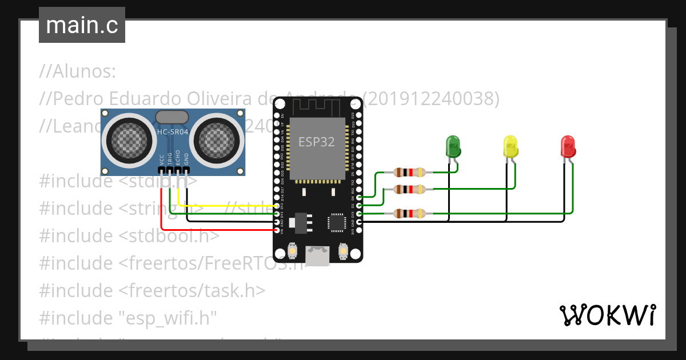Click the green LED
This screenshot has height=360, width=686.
coord(453,146)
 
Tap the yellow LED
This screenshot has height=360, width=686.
coord(510,146)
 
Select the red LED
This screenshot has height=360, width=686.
coord(568,146)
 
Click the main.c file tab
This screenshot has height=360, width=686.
coord(82,25)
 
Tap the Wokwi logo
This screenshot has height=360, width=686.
coord(607,315)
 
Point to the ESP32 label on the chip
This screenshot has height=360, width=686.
coord(317,142)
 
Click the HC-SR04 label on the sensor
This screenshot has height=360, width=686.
coord(171,133)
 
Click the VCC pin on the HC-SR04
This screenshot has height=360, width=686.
coord(162,170)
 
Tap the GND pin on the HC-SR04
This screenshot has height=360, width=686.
coord(186,170)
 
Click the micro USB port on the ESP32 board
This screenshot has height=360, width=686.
coord(317,256)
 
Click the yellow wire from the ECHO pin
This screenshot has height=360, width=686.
coord(229,206)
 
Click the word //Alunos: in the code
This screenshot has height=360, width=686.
coord(78,72)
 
